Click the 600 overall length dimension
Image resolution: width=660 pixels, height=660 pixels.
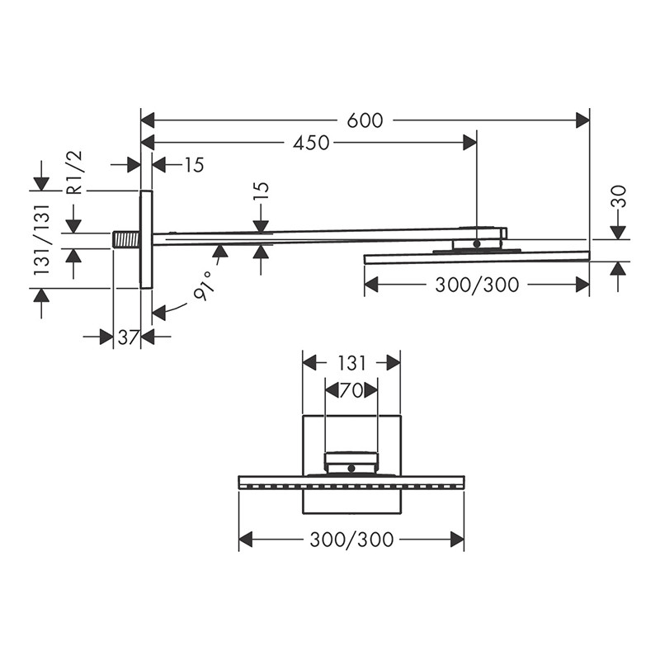pos(365,120)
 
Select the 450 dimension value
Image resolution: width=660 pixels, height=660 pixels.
pos(311,143)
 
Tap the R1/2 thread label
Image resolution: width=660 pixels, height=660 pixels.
pos(75,172)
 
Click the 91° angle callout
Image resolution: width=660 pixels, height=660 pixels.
pos(204,285)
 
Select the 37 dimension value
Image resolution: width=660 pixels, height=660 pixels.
pos(126,337)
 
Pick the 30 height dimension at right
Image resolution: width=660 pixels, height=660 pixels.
pos(619,196)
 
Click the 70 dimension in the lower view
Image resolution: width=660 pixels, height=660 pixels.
pos(351,390)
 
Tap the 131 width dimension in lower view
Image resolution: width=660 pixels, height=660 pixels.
pos(351,362)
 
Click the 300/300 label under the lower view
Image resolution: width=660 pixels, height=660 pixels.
pos(351,540)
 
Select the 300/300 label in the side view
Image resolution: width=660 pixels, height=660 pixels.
pos(477,285)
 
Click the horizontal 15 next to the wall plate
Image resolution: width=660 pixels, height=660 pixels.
pos(193,165)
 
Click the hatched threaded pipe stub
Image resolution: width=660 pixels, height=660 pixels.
pos(126,239)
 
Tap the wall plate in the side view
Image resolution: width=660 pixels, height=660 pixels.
pos(146,239)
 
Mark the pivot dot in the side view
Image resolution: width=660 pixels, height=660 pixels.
pos(477,243)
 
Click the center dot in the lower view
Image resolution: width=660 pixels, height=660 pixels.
pos(351,469)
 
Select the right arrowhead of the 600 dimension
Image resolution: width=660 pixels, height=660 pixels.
pos(584,120)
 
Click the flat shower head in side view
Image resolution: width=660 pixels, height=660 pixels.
pos(477,257)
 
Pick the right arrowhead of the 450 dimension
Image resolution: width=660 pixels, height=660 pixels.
pos(471,143)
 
